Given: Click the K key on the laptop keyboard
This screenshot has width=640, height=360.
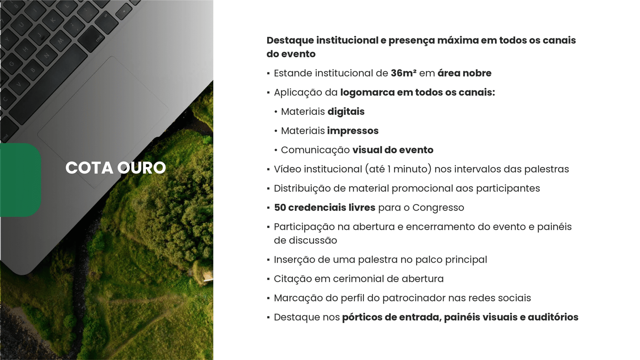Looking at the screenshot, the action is point(53,20).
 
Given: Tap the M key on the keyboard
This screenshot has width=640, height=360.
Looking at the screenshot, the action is point(61,41).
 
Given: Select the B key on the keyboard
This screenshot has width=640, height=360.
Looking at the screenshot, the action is point(33,70).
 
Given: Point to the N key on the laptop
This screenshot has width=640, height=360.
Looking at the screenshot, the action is point(46,55).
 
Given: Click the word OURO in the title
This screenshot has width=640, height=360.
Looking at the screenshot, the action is point(142,168).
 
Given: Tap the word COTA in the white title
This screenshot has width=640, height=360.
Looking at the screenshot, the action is point(89,168).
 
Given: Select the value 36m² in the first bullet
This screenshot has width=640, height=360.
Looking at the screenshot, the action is point(404,73).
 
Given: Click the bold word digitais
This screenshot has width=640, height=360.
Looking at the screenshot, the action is point(346,112).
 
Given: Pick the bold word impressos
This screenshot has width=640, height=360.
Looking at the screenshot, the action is point(353,131).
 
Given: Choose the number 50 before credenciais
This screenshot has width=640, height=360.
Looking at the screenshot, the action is point(280,208).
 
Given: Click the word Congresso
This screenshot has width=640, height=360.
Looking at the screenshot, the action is point(438,208).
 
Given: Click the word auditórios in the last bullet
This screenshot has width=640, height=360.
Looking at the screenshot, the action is point(553,317).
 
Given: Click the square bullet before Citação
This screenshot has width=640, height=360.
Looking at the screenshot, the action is point(268,279).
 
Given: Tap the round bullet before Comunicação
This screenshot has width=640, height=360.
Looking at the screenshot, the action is point(276,150).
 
